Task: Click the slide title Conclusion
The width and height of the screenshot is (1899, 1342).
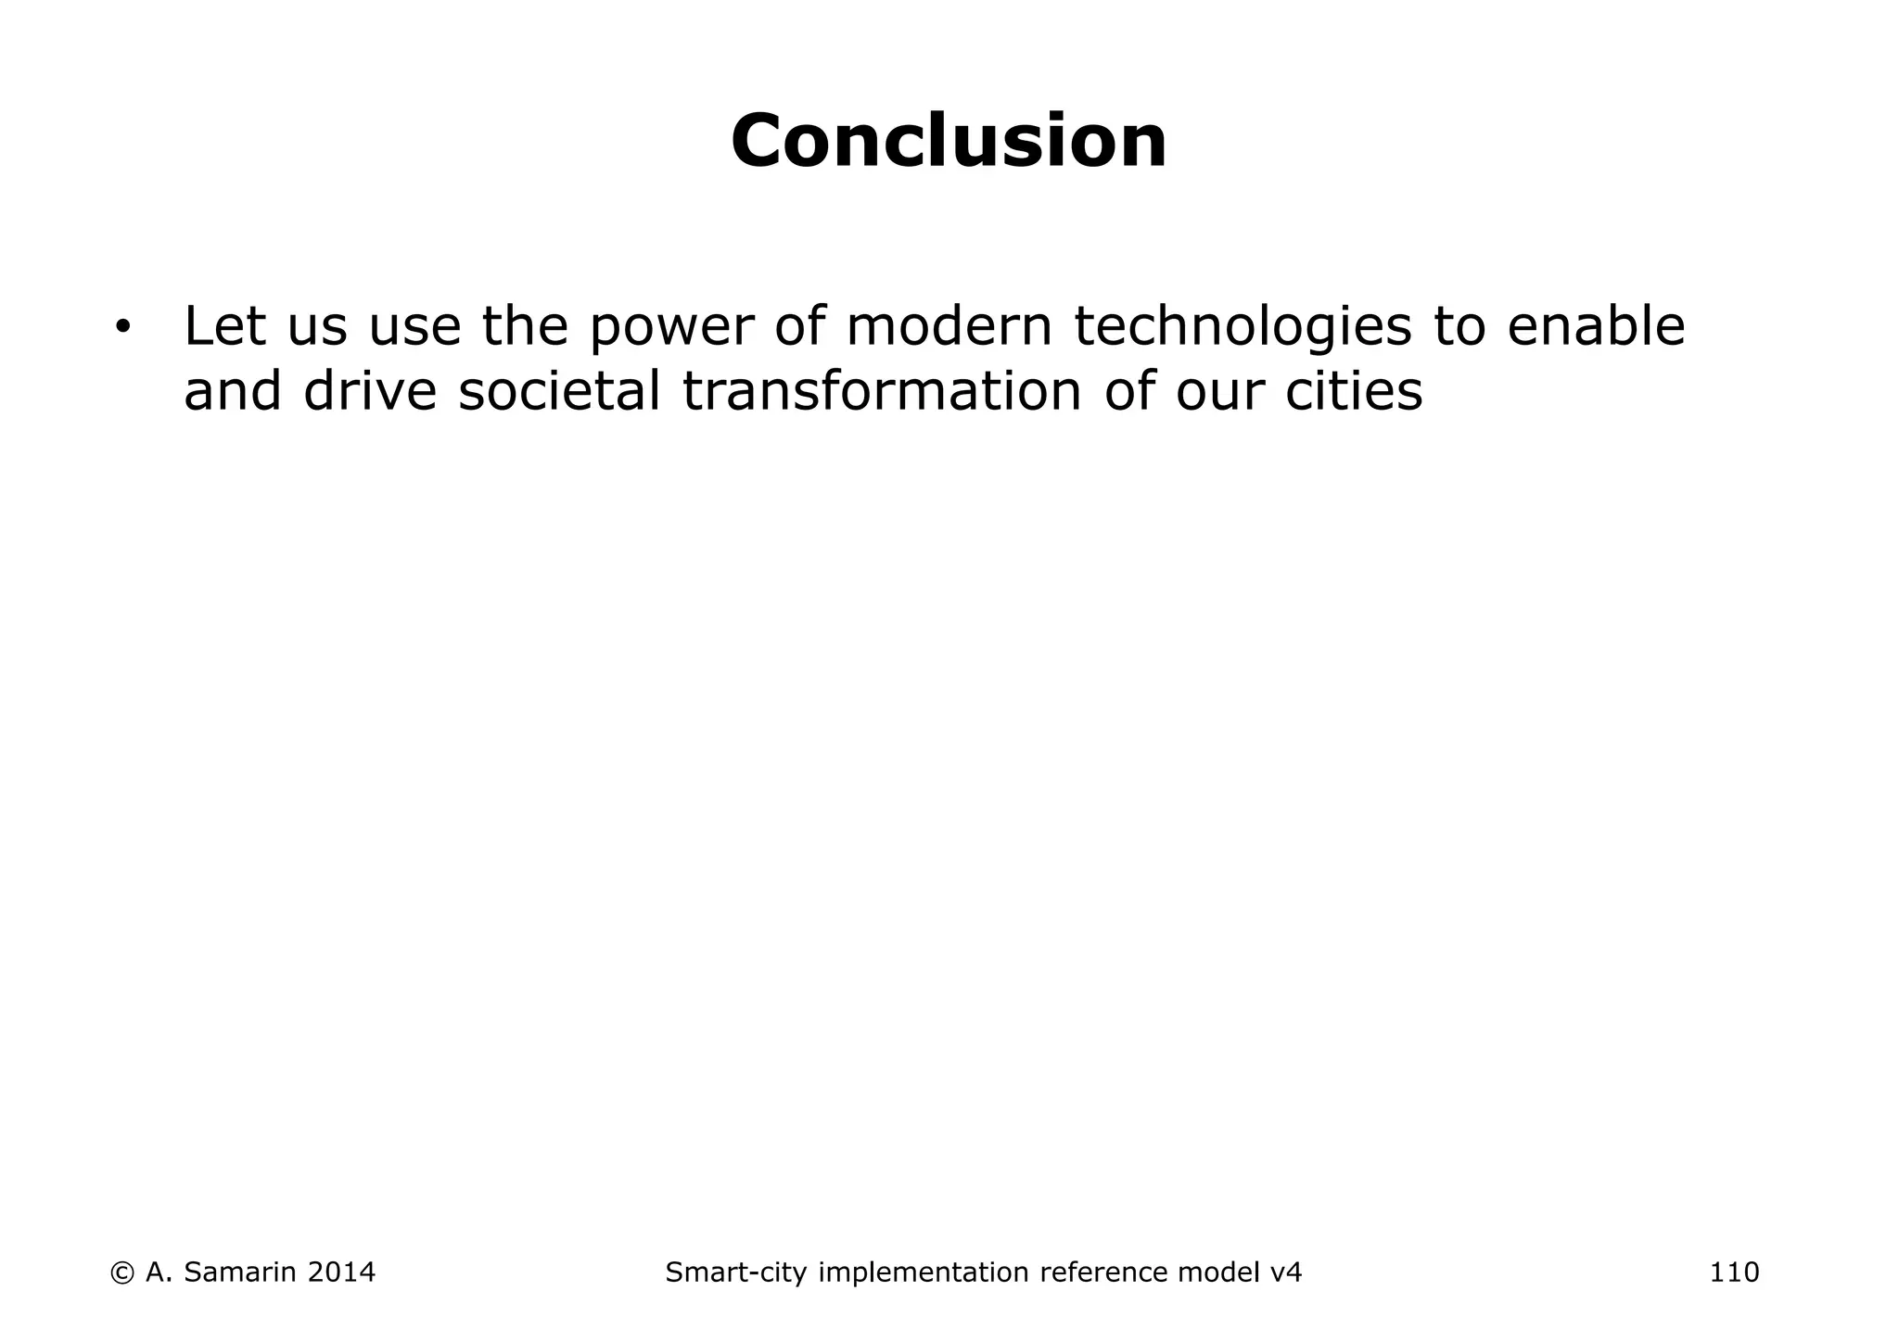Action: pos(949,142)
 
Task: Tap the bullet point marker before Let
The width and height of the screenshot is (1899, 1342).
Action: pos(122,328)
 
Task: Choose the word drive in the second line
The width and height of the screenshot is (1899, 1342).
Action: pos(369,391)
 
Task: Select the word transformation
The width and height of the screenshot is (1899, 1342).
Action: pos(881,391)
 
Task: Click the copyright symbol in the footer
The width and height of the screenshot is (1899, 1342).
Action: pos(121,1272)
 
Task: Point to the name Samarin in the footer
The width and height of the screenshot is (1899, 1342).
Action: pos(240,1272)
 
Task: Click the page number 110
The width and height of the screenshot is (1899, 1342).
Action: pos(1734,1272)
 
